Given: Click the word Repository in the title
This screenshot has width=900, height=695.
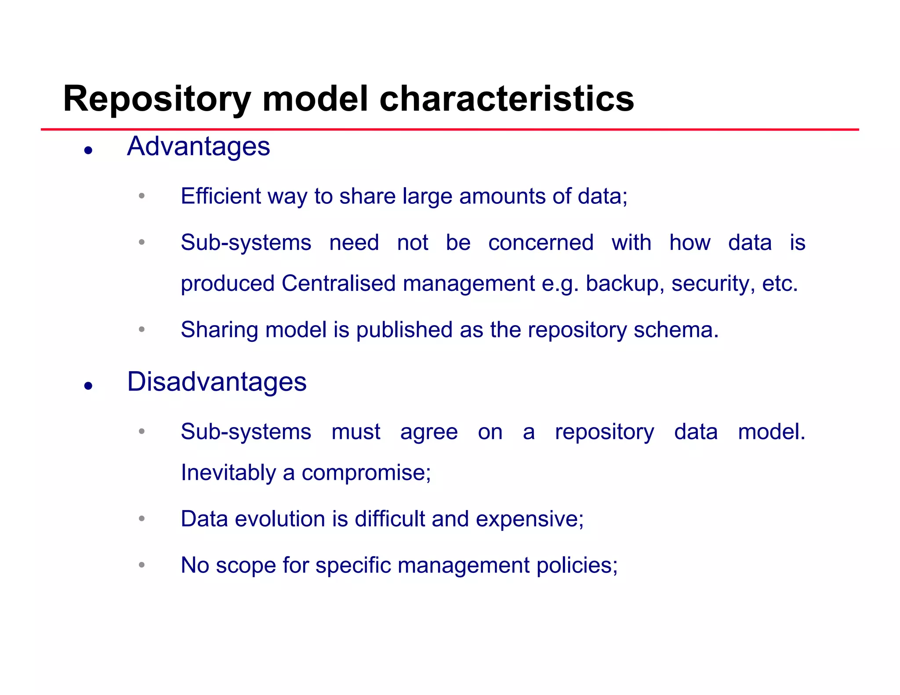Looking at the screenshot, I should pos(157,99).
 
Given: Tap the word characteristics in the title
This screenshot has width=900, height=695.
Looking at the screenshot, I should pos(506,99).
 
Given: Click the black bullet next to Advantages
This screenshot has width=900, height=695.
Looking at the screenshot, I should pos(88,151).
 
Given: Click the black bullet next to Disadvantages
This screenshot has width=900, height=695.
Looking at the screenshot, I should pos(88,386).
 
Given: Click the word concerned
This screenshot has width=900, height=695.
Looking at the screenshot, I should pos(541,243).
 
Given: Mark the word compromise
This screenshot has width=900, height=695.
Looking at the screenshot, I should pos(366,473).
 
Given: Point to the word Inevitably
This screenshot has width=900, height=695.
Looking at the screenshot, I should pos(228,473).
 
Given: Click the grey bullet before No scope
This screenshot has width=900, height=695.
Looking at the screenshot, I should pos(142,565).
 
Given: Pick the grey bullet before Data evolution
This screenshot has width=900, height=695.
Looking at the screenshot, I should pos(142,518).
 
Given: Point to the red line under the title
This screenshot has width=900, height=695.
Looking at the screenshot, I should pos(450,130).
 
